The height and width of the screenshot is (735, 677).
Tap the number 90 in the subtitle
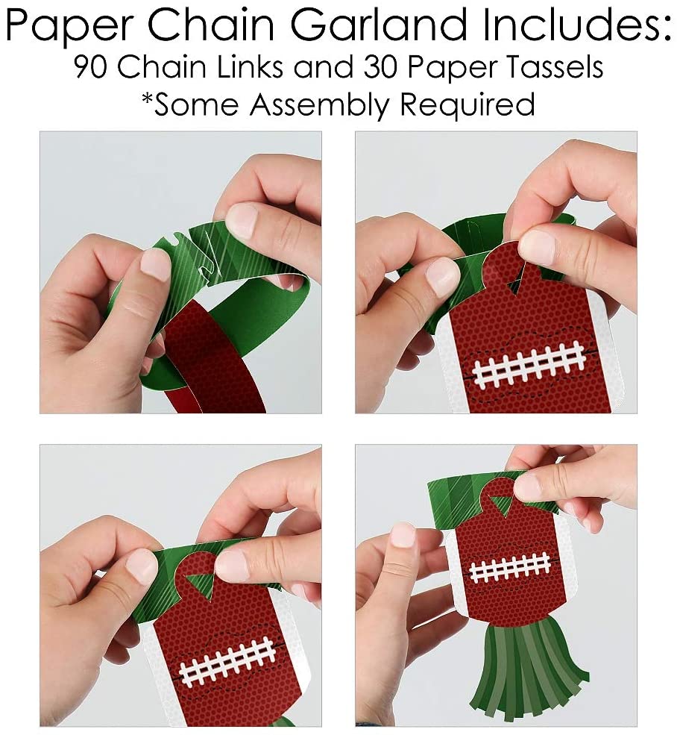(x=91, y=67)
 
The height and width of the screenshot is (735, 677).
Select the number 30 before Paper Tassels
(x=380, y=67)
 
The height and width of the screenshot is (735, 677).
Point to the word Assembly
(x=318, y=104)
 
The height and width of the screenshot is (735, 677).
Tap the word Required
(x=467, y=105)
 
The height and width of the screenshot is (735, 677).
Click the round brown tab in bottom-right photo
(x=502, y=493)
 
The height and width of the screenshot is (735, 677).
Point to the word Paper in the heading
(x=70, y=26)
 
